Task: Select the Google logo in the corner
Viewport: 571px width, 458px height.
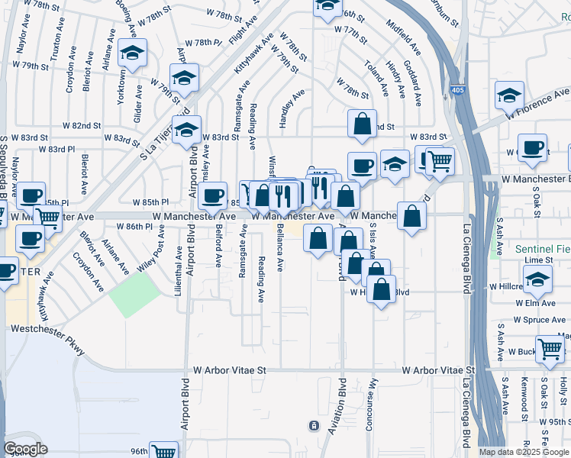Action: (x=25, y=449)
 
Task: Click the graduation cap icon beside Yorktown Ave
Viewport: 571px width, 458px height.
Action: (x=134, y=53)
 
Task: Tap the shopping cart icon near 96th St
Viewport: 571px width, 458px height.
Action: (x=163, y=451)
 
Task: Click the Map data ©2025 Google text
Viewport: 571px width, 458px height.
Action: (x=524, y=452)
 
